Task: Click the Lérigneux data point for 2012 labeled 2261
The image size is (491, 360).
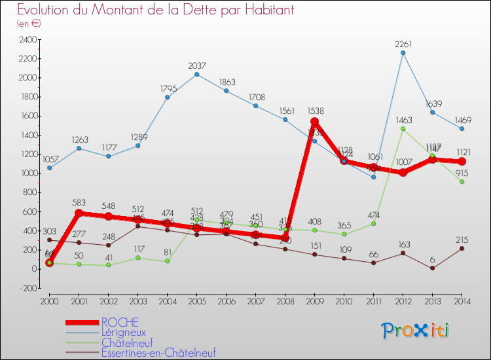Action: coord(403,53)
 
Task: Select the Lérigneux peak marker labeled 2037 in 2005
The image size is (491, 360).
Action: coord(197,74)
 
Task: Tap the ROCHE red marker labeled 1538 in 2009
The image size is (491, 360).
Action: coord(315,122)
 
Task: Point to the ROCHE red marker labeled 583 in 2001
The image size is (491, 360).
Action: coord(79,213)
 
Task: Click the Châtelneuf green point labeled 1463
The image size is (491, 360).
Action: coord(403,129)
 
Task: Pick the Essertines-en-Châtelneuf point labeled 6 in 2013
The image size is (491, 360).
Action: coord(433,268)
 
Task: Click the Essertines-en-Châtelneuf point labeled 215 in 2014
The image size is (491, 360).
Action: coord(462,248)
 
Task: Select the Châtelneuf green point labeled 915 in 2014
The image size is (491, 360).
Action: coord(462,181)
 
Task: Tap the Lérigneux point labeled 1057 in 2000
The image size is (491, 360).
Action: coord(50,168)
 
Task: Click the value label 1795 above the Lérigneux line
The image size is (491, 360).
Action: coord(168,88)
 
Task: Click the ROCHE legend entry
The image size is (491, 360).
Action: coord(120,322)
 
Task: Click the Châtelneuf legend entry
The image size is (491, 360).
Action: coord(128,342)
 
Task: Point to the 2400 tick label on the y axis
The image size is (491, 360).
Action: coord(27,39)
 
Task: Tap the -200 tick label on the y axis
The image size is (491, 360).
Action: coord(27,288)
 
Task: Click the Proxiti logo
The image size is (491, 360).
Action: coord(416,331)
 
